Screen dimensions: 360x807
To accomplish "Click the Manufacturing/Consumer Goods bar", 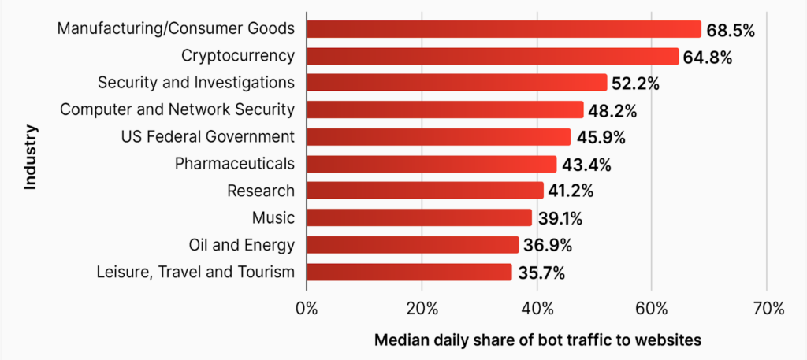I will click(503, 29).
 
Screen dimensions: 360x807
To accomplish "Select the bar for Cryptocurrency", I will click(492, 56).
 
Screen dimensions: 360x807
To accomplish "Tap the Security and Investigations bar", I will click(456, 83).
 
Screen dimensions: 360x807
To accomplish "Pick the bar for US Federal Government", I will click(438, 137).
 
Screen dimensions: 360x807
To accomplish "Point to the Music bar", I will click(418, 217).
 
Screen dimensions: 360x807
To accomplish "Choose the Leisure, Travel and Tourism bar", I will click(408, 273).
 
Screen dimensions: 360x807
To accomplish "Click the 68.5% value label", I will click(731, 30).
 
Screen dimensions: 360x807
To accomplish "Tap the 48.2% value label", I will click(612, 110).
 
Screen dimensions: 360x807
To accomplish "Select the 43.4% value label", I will click(586, 165).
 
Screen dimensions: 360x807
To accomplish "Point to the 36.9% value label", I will click(547, 245).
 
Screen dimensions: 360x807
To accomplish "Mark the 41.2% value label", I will click(572, 191).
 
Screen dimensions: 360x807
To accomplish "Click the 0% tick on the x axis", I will click(307, 308).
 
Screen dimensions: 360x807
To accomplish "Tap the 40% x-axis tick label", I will click(537, 308).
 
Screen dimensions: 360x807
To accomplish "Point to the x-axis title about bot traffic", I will click(537, 340).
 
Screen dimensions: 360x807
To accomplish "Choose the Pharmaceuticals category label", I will click(234, 164).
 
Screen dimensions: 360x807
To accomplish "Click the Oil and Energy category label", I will click(242, 245).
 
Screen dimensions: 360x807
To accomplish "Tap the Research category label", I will click(260, 191).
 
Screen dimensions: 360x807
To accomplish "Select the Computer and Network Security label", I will click(177, 109).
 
